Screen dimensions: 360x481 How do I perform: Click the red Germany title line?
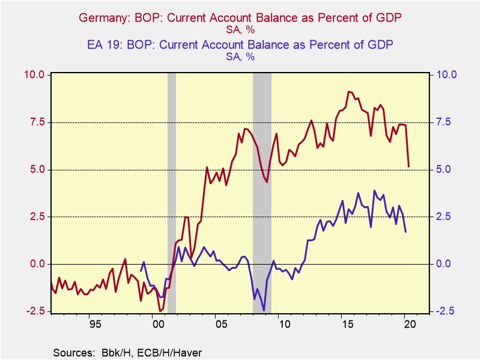point(240,19)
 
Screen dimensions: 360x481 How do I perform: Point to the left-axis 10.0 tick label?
point(35,75)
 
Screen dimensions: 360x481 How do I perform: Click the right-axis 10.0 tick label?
point(446,75)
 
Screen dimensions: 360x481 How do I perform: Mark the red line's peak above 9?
point(349,92)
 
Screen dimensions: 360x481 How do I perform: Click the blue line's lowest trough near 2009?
point(264,310)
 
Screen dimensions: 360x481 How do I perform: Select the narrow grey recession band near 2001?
point(171,192)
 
